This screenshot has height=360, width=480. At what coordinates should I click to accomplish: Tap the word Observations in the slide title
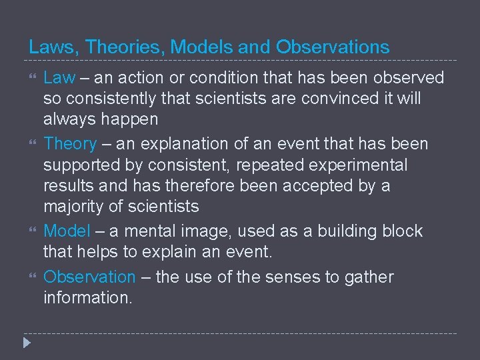[x=333, y=47]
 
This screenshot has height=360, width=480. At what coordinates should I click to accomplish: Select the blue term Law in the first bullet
[x=59, y=78]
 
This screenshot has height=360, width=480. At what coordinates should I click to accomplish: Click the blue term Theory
[x=70, y=143]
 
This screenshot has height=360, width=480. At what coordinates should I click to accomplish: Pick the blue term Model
[x=67, y=231]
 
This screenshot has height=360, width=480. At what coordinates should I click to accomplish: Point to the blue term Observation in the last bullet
[x=89, y=277]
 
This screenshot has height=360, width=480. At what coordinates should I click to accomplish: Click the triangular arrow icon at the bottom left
[x=26, y=344]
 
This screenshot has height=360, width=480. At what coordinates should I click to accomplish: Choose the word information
[x=88, y=298]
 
